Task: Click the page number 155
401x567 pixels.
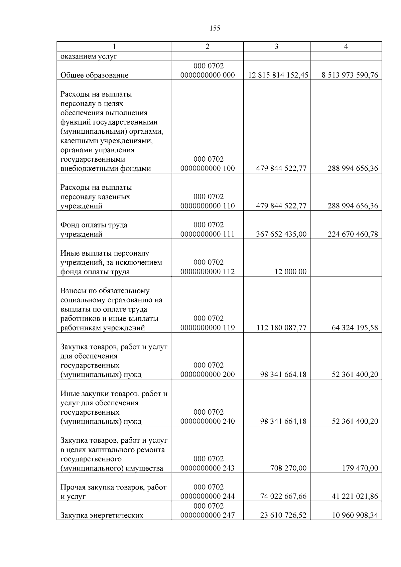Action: [x=215, y=28]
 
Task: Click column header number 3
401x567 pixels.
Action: [x=276, y=46]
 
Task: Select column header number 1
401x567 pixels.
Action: [x=114, y=46]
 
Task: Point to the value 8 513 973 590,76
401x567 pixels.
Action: [x=350, y=75]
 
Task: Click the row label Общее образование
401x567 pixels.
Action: [x=94, y=75]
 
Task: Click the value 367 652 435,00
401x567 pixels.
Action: [x=281, y=234]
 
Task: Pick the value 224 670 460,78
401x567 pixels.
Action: [x=353, y=234]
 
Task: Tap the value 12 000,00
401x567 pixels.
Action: [x=290, y=271]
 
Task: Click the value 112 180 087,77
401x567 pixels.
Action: [x=281, y=327]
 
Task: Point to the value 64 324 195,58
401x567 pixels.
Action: [x=355, y=327]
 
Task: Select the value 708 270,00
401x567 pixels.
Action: [x=288, y=468]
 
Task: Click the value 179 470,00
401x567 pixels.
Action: [x=360, y=468]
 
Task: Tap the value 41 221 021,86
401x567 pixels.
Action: [x=355, y=496]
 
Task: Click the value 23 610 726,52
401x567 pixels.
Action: [x=283, y=515]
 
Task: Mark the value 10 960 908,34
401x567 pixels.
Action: [x=355, y=515]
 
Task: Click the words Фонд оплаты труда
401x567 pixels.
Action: [x=94, y=225]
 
